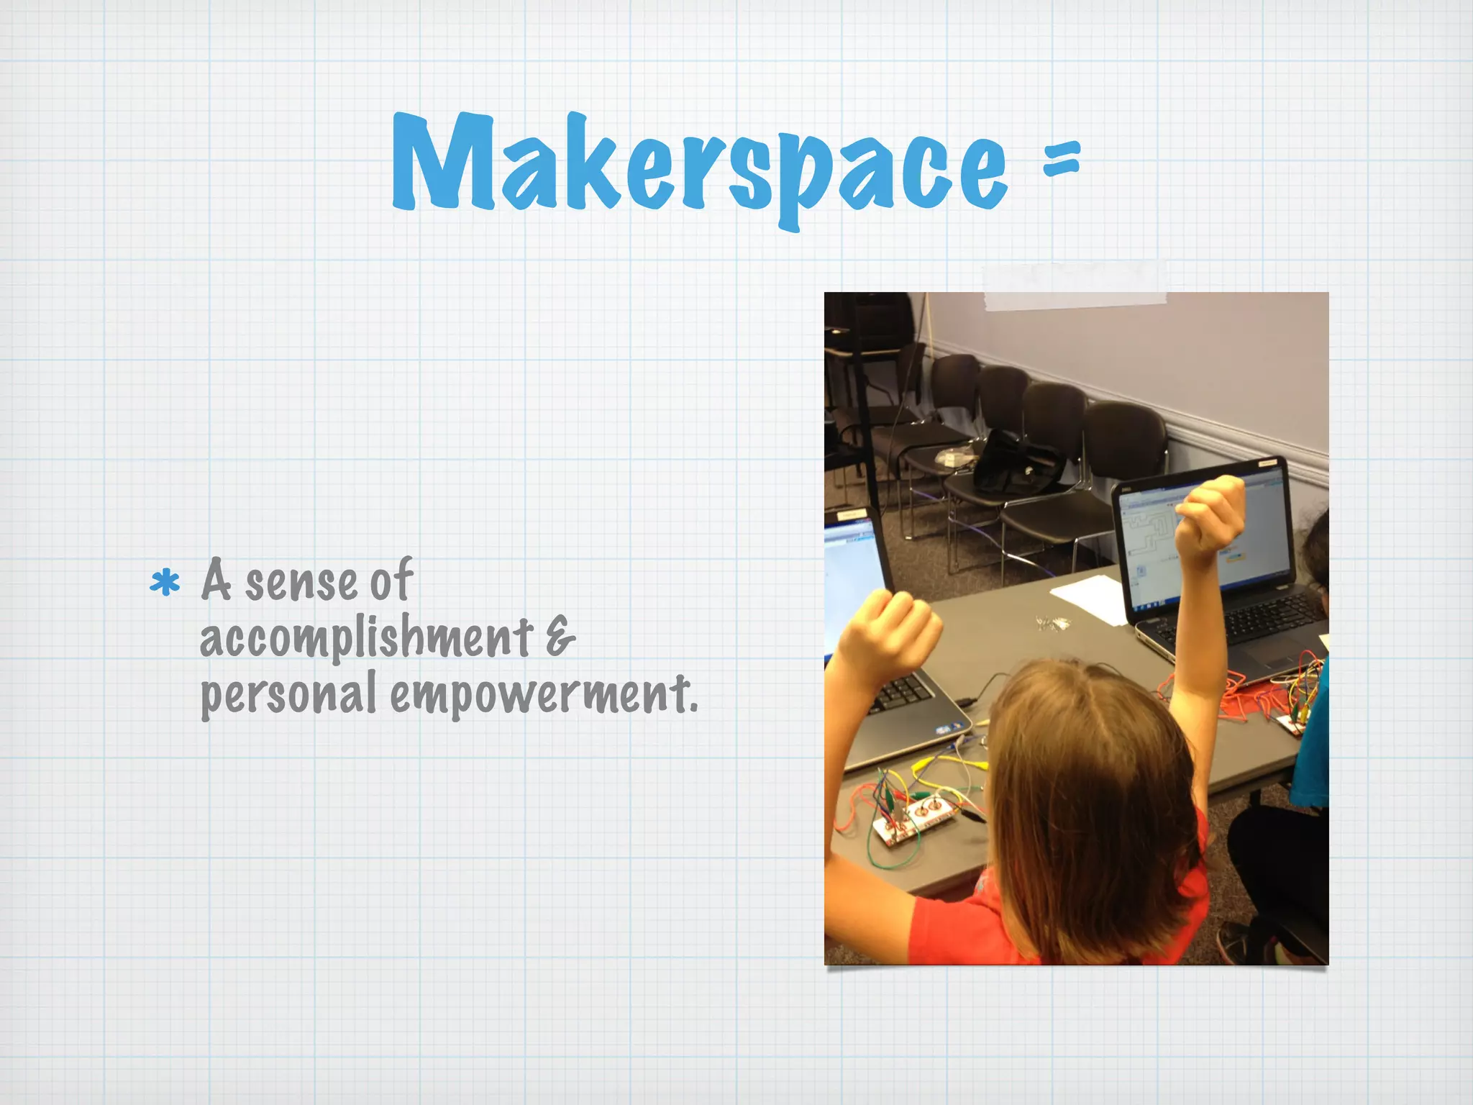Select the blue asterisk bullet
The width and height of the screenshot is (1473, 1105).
click(x=165, y=583)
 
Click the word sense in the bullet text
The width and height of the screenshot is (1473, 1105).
click(x=301, y=583)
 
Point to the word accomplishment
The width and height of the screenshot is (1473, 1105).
click(x=365, y=638)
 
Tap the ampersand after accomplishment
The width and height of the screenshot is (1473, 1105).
click(x=560, y=637)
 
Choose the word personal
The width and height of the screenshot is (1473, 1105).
click(x=288, y=694)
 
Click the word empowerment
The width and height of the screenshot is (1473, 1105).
click(x=544, y=694)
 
